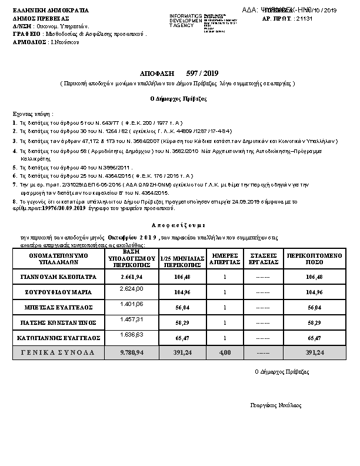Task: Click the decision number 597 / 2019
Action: (202, 74)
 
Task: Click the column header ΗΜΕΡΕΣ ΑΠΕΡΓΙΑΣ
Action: (225, 259)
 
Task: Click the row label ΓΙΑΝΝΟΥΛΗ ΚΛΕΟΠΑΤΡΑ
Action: (58, 276)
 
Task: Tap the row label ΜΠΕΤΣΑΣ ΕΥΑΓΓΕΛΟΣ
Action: (58, 307)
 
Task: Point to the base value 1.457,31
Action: (131, 320)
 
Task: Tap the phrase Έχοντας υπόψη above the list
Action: (33, 113)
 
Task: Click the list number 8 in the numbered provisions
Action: (14, 202)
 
